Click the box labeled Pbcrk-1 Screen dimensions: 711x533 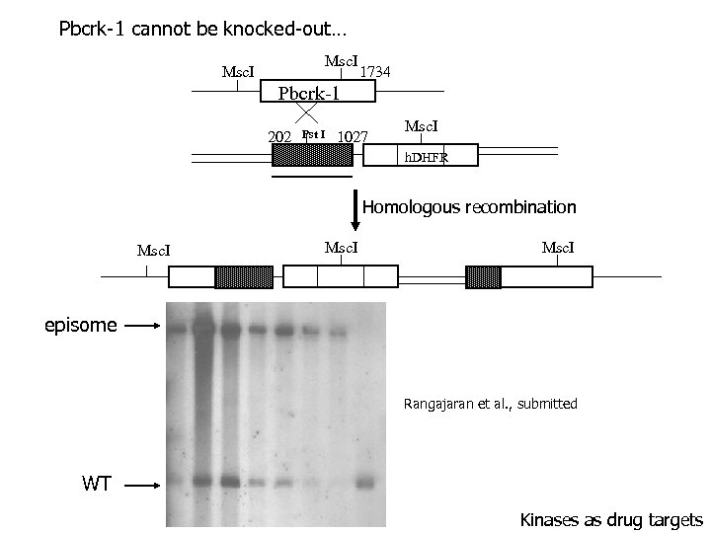(318, 93)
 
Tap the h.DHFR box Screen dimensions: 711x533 (423, 156)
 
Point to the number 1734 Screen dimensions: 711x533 (375, 72)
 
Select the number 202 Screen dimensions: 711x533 (279, 135)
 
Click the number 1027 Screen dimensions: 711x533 (353, 135)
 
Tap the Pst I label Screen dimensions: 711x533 (314, 133)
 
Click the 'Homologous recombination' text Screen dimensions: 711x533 (469, 207)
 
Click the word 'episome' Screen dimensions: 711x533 (80, 325)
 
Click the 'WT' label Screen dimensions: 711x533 (96, 484)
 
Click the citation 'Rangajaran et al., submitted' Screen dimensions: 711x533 (491, 403)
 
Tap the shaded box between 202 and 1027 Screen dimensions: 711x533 (312, 156)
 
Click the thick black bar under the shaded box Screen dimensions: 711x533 (312, 177)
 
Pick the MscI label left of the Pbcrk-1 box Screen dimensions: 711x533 (238, 72)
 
